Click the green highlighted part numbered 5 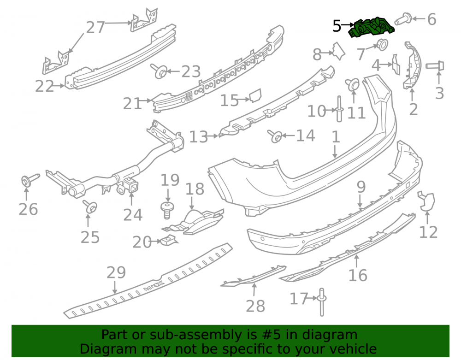[372, 28]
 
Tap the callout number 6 [431, 19]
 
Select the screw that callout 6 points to [403, 18]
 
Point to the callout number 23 [191, 71]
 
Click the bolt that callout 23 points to [159, 71]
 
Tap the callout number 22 [44, 86]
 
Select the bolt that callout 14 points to [275, 136]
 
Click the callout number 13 [199, 137]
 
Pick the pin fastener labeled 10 [339, 109]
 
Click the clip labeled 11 [353, 84]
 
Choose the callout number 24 [133, 215]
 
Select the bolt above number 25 [90, 207]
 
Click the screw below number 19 [167, 210]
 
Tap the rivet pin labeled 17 [321, 302]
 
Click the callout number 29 [116, 272]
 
